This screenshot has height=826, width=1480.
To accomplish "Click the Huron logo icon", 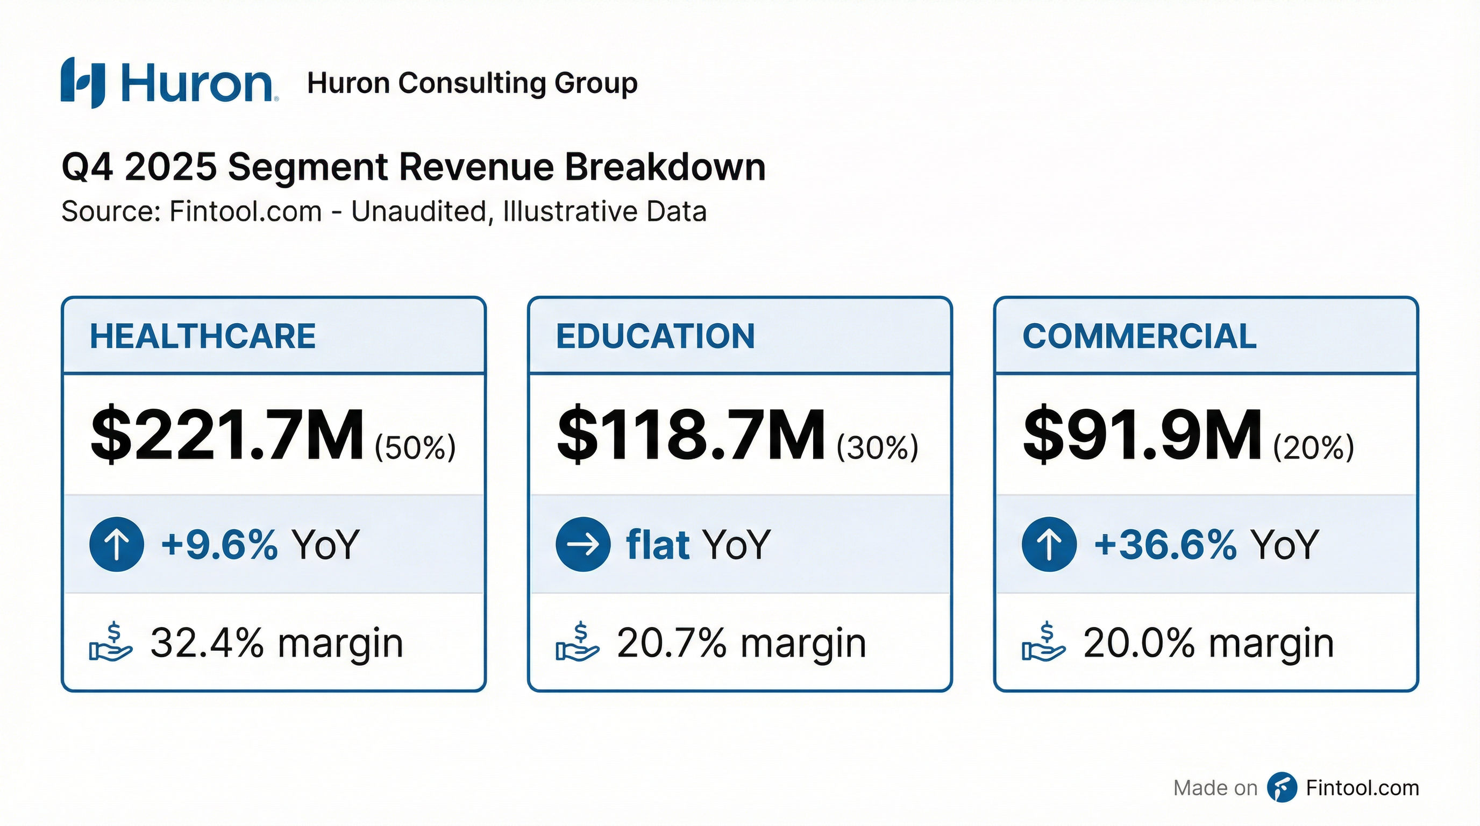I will point(83,83).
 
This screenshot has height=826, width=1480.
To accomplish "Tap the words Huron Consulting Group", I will point(472,83).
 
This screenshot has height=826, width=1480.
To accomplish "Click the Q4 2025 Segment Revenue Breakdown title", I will point(413,167).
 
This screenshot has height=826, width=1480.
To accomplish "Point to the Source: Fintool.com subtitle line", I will point(383,211).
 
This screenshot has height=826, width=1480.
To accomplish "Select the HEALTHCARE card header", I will point(202,336).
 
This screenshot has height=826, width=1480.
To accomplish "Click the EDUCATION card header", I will point(655,336).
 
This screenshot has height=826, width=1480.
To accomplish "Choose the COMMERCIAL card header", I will point(1139,336).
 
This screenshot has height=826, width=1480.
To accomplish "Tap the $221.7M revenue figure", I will point(227,435).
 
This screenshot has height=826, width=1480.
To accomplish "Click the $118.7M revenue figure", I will point(691,435).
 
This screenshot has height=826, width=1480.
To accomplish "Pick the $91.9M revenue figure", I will point(1143,435).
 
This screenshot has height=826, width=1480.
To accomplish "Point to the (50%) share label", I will point(415,447).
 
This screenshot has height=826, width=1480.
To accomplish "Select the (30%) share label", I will point(877,447).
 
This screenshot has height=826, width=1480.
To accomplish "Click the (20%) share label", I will point(1313,447).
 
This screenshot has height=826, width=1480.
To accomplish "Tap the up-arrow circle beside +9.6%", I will point(117,544).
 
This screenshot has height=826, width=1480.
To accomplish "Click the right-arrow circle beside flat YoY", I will point(582,544).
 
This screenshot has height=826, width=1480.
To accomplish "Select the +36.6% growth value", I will point(1165,544).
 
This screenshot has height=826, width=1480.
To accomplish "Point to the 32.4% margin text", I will point(276,643).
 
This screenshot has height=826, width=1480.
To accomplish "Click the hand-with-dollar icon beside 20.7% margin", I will point(578,642).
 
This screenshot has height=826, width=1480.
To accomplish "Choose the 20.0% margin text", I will point(1208,643).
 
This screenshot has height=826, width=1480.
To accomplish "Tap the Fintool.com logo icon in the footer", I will point(1282,787).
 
